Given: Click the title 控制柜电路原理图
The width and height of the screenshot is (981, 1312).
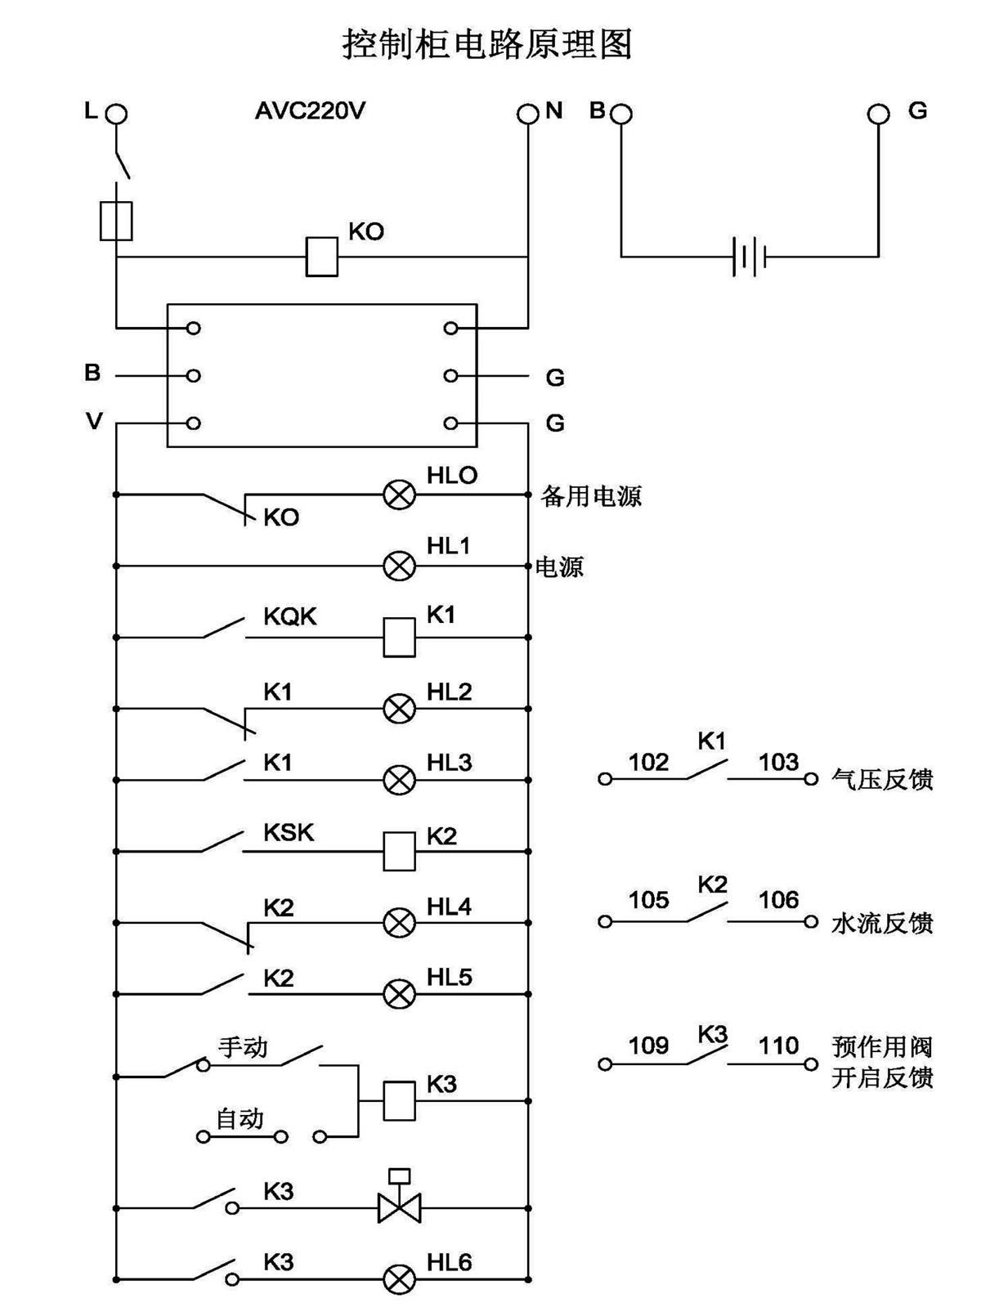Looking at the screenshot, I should (x=487, y=44).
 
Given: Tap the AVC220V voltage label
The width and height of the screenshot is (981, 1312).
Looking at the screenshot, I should (x=310, y=110).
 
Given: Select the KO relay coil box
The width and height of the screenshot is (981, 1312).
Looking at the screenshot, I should (x=321, y=257).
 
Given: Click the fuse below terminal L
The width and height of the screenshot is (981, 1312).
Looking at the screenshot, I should (x=116, y=220).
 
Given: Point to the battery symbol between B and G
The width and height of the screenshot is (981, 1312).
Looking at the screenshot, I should (x=749, y=257).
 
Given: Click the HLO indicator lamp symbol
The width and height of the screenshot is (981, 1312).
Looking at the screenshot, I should (x=400, y=495).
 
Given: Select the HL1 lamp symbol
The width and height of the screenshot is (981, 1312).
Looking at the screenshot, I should (x=400, y=566).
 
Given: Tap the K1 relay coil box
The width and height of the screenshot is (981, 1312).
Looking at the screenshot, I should (x=400, y=637).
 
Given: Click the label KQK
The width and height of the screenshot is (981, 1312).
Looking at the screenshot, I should (x=289, y=616).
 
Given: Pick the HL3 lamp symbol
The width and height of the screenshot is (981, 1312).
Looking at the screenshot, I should (x=400, y=780).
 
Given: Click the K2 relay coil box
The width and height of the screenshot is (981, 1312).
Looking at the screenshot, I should (x=400, y=851).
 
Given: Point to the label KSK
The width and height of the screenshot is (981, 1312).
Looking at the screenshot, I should (x=289, y=832).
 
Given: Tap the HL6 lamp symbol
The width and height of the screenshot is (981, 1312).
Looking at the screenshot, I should (x=400, y=1278).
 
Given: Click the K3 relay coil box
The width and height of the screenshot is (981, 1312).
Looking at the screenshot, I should (x=400, y=1100).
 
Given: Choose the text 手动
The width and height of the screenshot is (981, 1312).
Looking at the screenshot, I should (x=243, y=1047).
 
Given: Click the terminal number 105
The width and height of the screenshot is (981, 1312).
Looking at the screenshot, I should (x=648, y=900).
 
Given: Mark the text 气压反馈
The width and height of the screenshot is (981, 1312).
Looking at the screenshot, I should (x=882, y=779).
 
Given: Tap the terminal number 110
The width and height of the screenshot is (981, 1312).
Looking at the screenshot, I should (x=777, y=1046).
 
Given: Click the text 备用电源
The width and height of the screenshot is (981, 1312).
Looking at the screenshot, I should (x=591, y=496).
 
